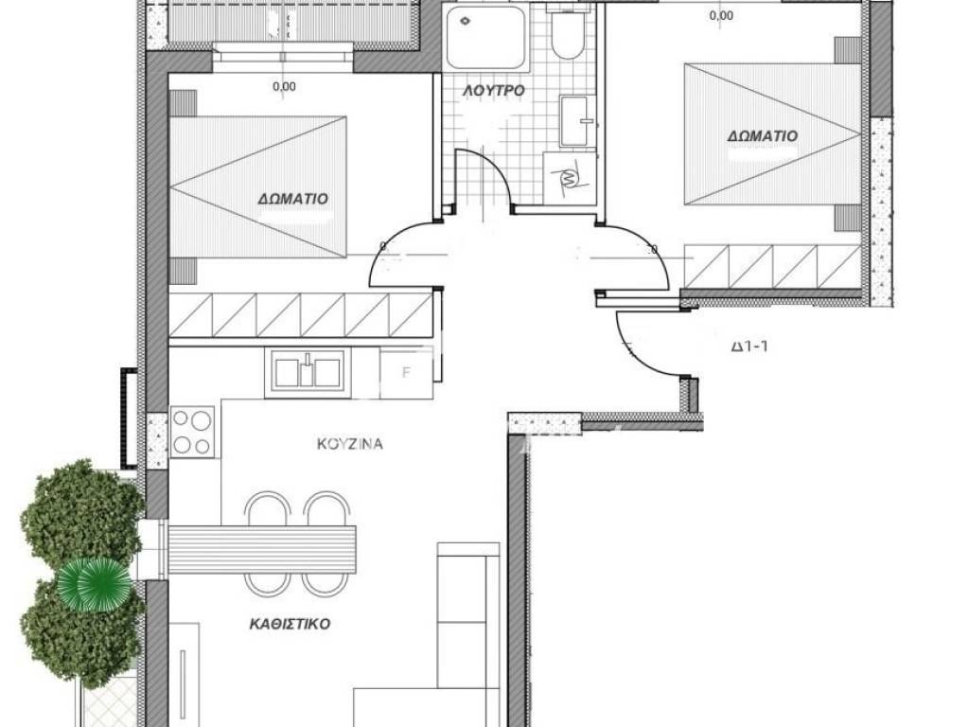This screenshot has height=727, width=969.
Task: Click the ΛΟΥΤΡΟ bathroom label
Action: (494, 90)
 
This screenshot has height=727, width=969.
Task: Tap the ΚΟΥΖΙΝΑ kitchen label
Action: (350, 444)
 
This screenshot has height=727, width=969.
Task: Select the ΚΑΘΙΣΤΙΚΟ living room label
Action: (290, 624)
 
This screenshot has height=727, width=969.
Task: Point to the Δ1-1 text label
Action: (749, 346)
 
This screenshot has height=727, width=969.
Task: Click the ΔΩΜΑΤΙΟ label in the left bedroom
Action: (293, 199)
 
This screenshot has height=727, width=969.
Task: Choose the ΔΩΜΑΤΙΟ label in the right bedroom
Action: (762, 136)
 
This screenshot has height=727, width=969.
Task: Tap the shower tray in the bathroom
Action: (485, 38)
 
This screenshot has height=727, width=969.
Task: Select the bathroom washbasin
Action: (577, 120)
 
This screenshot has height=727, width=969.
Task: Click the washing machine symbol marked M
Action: (569, 177)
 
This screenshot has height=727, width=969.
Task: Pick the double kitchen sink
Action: (308, 372)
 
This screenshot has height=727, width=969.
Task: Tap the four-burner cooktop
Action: (192, 432)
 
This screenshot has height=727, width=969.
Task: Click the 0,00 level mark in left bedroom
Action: (284, 86)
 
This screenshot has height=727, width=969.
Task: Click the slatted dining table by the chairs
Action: (262, 550)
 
